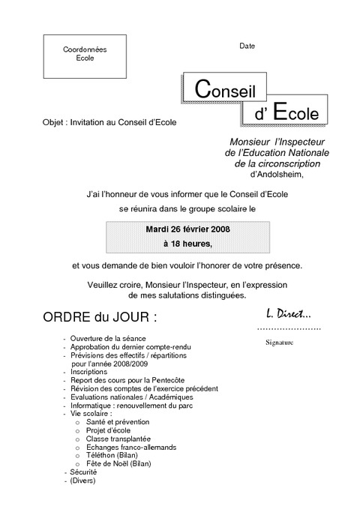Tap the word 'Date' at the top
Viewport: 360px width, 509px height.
click(247, 46)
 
